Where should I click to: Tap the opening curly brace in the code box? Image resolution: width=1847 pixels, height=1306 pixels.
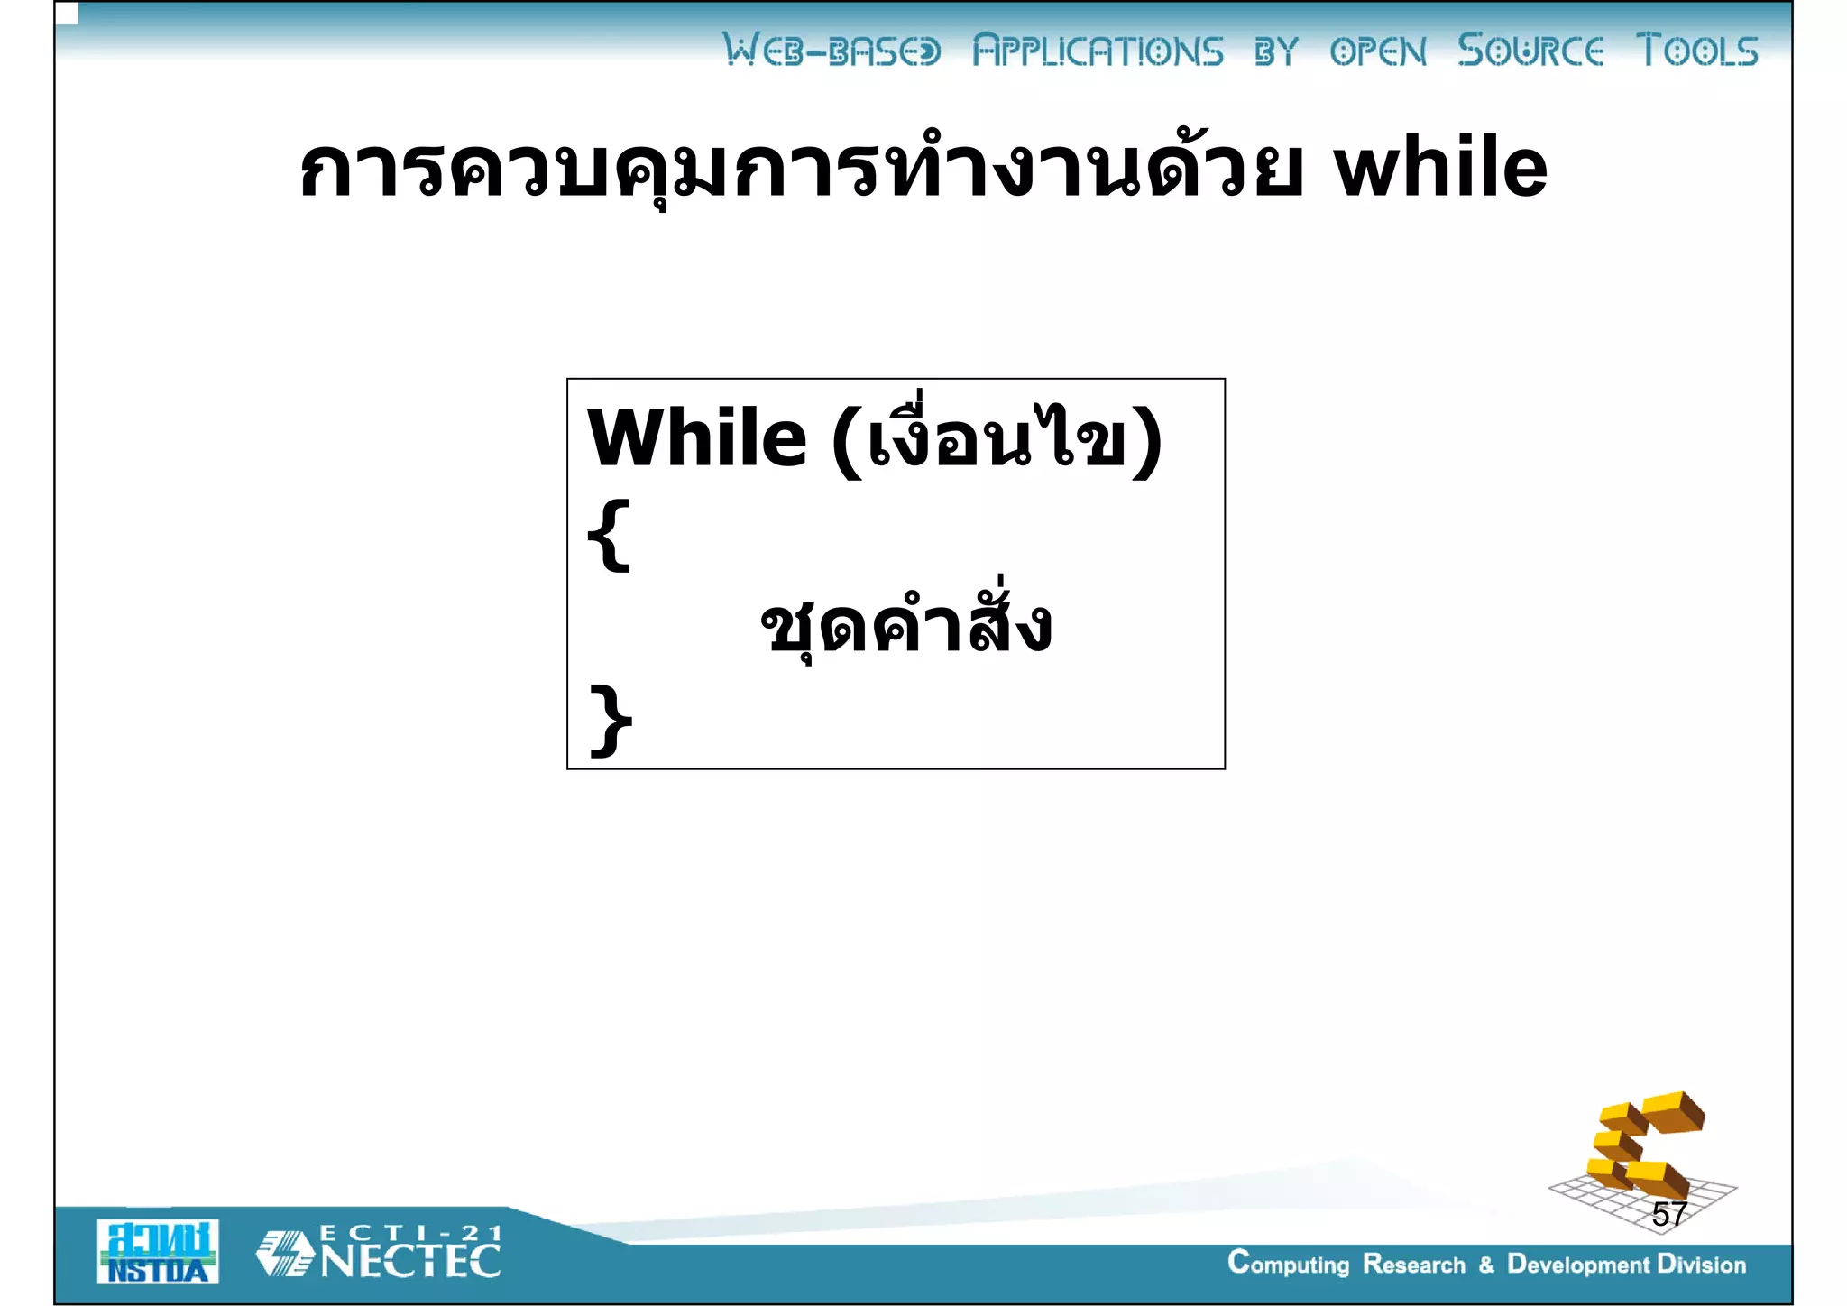click(x=609, y=536)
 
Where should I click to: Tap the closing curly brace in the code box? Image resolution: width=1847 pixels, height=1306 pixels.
click(x=611, y=720)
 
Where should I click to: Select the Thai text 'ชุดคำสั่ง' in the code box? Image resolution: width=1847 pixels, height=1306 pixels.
click(x=905, y=625)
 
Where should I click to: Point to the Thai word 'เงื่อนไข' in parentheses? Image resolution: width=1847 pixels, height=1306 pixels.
click(x=997, y=438)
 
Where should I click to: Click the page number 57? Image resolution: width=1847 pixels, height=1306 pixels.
click(x=1668, y=1214)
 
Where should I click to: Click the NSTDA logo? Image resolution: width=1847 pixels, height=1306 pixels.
click(x=158, y=1252)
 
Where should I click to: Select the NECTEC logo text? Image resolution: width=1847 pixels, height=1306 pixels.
click(x=410, y=1261)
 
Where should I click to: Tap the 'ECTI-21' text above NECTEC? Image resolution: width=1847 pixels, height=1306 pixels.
click(x=410, y=1233)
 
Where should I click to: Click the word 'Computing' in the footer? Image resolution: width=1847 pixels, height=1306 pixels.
click(x=1288, y=1264)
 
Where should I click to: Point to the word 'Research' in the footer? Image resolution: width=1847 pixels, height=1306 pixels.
click(x=1413, y=1265)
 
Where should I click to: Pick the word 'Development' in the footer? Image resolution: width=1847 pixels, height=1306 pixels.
click(x=1578, y=1265)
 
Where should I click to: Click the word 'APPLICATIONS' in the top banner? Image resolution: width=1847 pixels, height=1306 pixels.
click(x=1098, y=51)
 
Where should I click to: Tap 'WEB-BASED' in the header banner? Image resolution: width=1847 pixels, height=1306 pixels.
click(x=832, y=51)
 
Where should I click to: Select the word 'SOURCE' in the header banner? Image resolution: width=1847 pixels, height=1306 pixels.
click(x=1530, y=51)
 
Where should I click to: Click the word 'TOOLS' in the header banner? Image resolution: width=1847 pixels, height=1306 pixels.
click(x=1696, y=51)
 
